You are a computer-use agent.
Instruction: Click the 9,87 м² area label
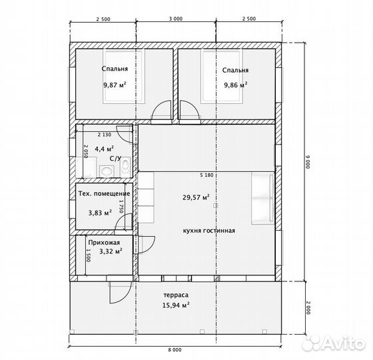(115, 85)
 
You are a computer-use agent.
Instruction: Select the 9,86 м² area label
(236, 85)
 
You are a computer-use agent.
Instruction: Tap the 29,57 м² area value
(196, 197)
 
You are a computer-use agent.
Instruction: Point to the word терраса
(176, 295)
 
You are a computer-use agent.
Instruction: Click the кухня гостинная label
(209, 231)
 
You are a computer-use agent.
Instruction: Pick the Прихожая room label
(104, 243)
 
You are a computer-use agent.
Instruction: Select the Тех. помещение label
(104, 193)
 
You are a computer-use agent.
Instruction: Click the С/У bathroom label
(116, 159)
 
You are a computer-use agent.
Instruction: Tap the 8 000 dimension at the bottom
(175, 350)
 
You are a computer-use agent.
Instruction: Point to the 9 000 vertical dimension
(308, 162)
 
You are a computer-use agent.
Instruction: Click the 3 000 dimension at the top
(176, 19)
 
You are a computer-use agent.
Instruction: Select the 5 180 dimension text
(206, 175)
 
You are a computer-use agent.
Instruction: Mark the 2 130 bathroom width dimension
(105, 135)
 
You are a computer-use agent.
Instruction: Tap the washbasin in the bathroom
(107, 171)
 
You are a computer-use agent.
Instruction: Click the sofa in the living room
(262, 199)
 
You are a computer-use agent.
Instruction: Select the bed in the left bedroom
(124, 76)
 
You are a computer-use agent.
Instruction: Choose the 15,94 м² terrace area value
(176, 305)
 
